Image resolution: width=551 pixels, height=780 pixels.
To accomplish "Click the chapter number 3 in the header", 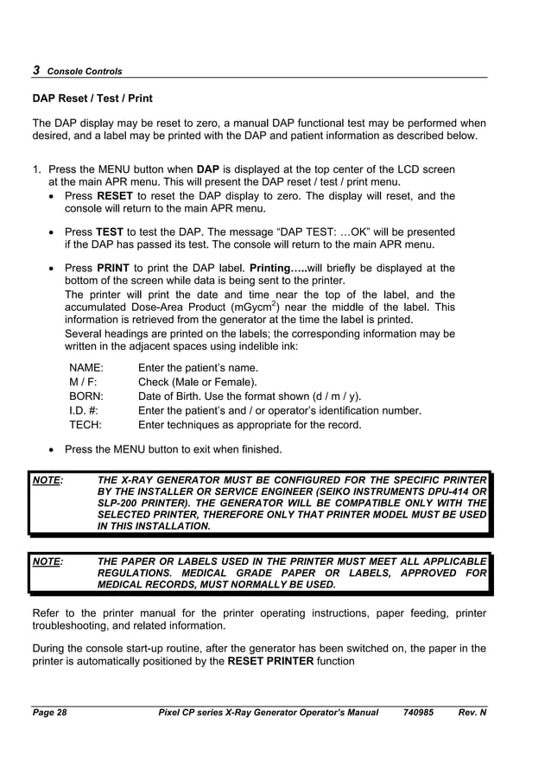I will click(x=35, y=70).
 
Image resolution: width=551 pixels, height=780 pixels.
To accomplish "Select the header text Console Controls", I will click(x=85, y=72).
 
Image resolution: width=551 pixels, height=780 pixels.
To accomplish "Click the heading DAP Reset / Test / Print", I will click(x=92, y=99).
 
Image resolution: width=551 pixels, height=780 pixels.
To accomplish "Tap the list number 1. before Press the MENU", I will click(x=37, y=169).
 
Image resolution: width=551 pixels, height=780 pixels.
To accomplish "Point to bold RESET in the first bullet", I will click(x=115, y=196).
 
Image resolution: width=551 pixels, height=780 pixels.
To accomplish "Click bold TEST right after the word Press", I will click(x=110, y=231).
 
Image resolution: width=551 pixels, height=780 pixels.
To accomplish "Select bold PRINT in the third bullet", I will click(x=113, y=268).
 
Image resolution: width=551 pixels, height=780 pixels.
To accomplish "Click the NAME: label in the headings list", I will click(x=86, y=368).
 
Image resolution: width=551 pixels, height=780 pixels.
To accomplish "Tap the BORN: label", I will click(x=87, y=396).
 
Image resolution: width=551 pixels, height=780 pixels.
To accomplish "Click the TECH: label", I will click(x=85, y=425).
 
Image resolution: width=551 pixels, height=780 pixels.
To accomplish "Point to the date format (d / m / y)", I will click(x=331, y=396).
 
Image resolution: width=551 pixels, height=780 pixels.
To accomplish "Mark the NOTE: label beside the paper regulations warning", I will click(x=47, y=561).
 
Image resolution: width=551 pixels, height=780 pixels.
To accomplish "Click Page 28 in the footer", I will click(x=49, y=713).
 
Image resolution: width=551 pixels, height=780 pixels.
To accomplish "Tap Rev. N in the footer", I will click(x=472, y=713).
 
